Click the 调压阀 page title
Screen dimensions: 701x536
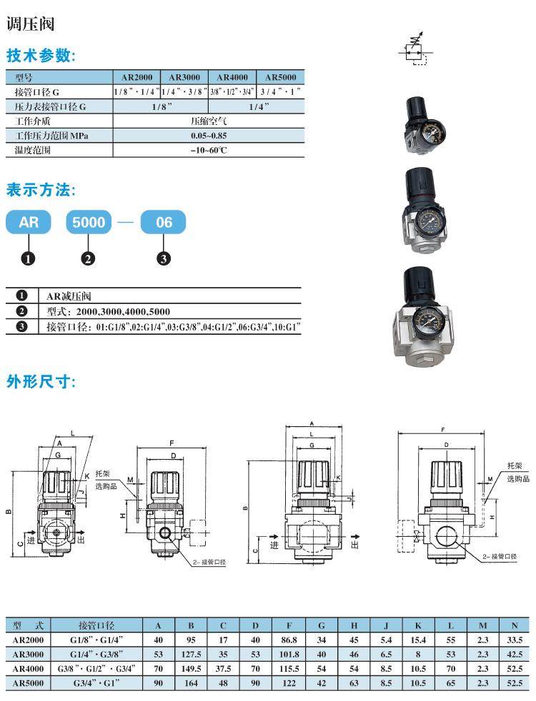[30, 24]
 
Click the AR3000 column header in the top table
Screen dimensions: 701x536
[184, 78]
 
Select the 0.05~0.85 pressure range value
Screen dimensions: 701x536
[209, 136]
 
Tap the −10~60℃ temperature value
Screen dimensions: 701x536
[209, 150]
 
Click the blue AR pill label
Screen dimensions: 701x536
[29, 222]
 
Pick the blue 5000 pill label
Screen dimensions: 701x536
[90, 222]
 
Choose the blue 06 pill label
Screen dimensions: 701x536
[164, 222]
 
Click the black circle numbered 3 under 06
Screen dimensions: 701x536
[164, 258]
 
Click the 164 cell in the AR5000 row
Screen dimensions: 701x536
[192, 682]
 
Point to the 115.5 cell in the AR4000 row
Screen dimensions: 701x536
[288, 668]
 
